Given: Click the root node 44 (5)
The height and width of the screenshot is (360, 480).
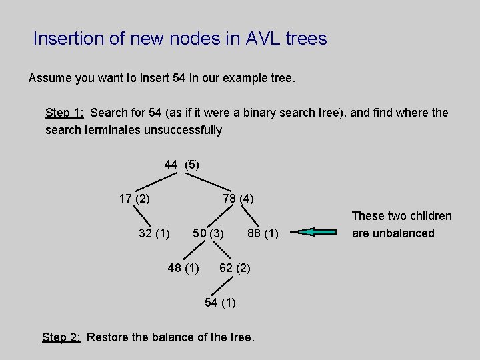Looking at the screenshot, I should [x=181, y=164].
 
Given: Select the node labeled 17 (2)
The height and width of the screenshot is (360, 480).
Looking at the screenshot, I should [x=134, y=198].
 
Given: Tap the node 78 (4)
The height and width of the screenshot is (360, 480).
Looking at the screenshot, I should [x=238, y=199].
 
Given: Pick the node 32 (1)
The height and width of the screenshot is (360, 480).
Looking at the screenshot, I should [x=154, y=233].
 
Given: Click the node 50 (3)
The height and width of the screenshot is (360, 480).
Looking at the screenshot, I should [x=208, y=233].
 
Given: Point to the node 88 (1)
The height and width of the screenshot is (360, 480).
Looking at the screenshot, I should [x=263, y=233].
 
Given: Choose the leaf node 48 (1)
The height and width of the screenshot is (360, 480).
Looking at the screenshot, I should [x=183, y=268].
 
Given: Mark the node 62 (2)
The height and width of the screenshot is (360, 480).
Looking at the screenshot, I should [x=235, y=268].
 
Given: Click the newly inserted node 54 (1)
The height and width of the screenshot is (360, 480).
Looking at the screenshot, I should [x=220, y=303].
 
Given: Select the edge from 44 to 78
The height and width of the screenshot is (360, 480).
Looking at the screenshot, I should [x=206, y=182].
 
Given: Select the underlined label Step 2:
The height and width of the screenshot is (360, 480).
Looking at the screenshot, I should [x=61, y=337].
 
